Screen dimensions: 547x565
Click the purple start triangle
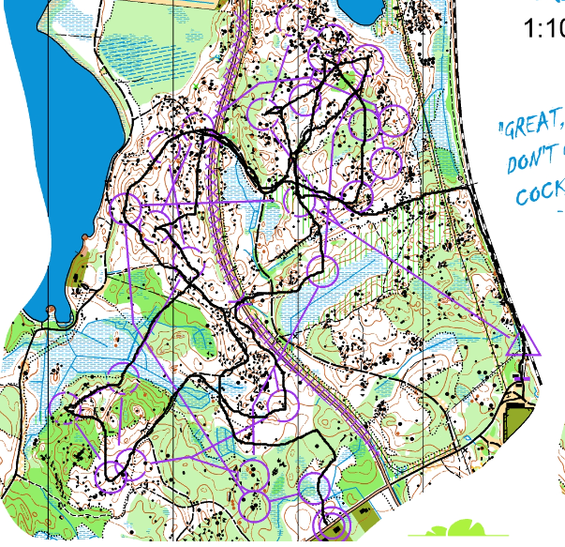(x=523, y=342)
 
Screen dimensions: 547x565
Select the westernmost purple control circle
(x=63, y=405)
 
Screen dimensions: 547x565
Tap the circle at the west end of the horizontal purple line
(x=126, y=208)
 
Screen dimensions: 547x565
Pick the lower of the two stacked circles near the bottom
(x=253, y=507)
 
